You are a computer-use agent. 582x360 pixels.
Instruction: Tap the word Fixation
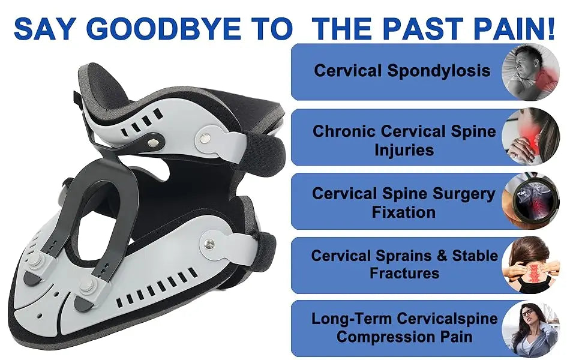(403, 212)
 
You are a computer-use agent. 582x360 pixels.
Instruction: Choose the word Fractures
(404, 274)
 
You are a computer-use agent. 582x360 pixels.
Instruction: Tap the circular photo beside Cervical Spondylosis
(530, 71)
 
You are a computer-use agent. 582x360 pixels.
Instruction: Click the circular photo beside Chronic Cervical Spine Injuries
(530, 137)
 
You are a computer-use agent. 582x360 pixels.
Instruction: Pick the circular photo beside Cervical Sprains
(530, 265)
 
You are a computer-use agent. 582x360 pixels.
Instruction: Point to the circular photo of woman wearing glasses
(530, 329)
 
